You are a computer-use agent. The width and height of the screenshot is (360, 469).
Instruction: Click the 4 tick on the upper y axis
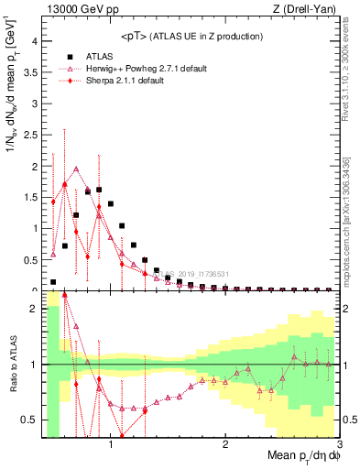34,41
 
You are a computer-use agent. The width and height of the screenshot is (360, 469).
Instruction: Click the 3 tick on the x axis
339,445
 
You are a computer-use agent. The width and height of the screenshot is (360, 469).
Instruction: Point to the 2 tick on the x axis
225,445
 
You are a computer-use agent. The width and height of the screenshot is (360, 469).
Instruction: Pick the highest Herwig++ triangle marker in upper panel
76,169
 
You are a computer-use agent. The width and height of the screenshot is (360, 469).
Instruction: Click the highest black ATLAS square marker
99,190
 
